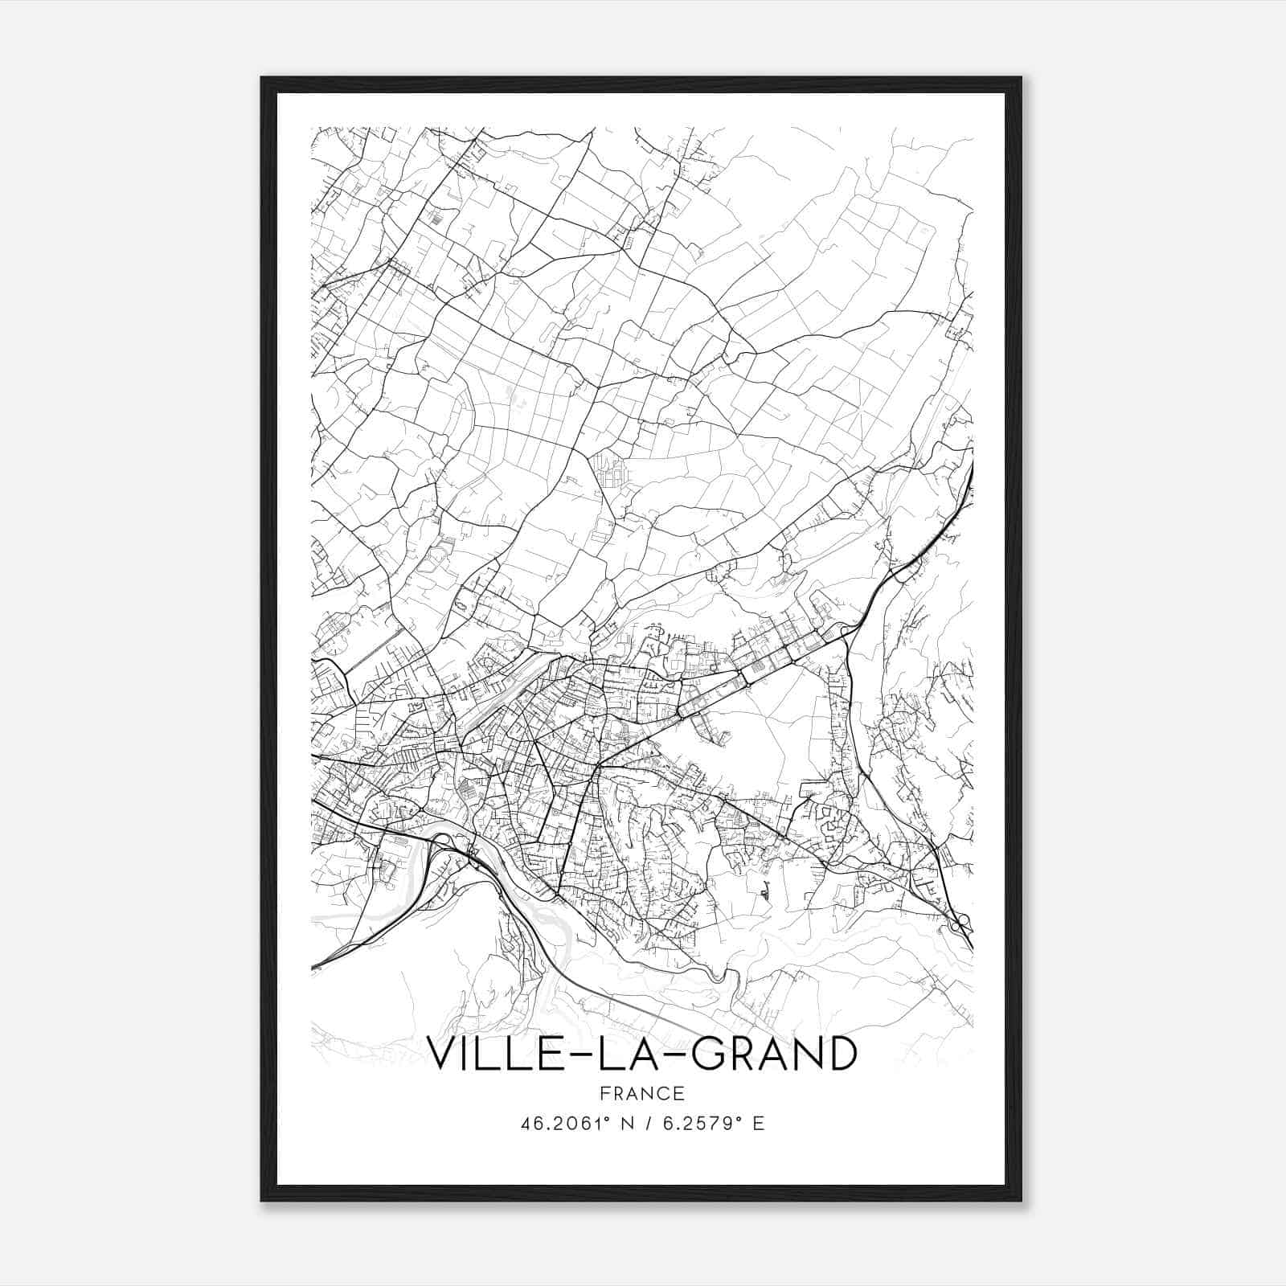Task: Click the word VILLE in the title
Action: point(489,1054)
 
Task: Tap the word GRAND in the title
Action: point(772,1054)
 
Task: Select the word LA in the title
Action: point(629,1054)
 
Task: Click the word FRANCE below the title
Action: point(642,1093)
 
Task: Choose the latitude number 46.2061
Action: point(557,1124)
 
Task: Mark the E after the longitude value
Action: point(759,1124)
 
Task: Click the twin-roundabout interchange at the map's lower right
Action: point(958,924)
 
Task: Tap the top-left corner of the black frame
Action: point(262,78)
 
